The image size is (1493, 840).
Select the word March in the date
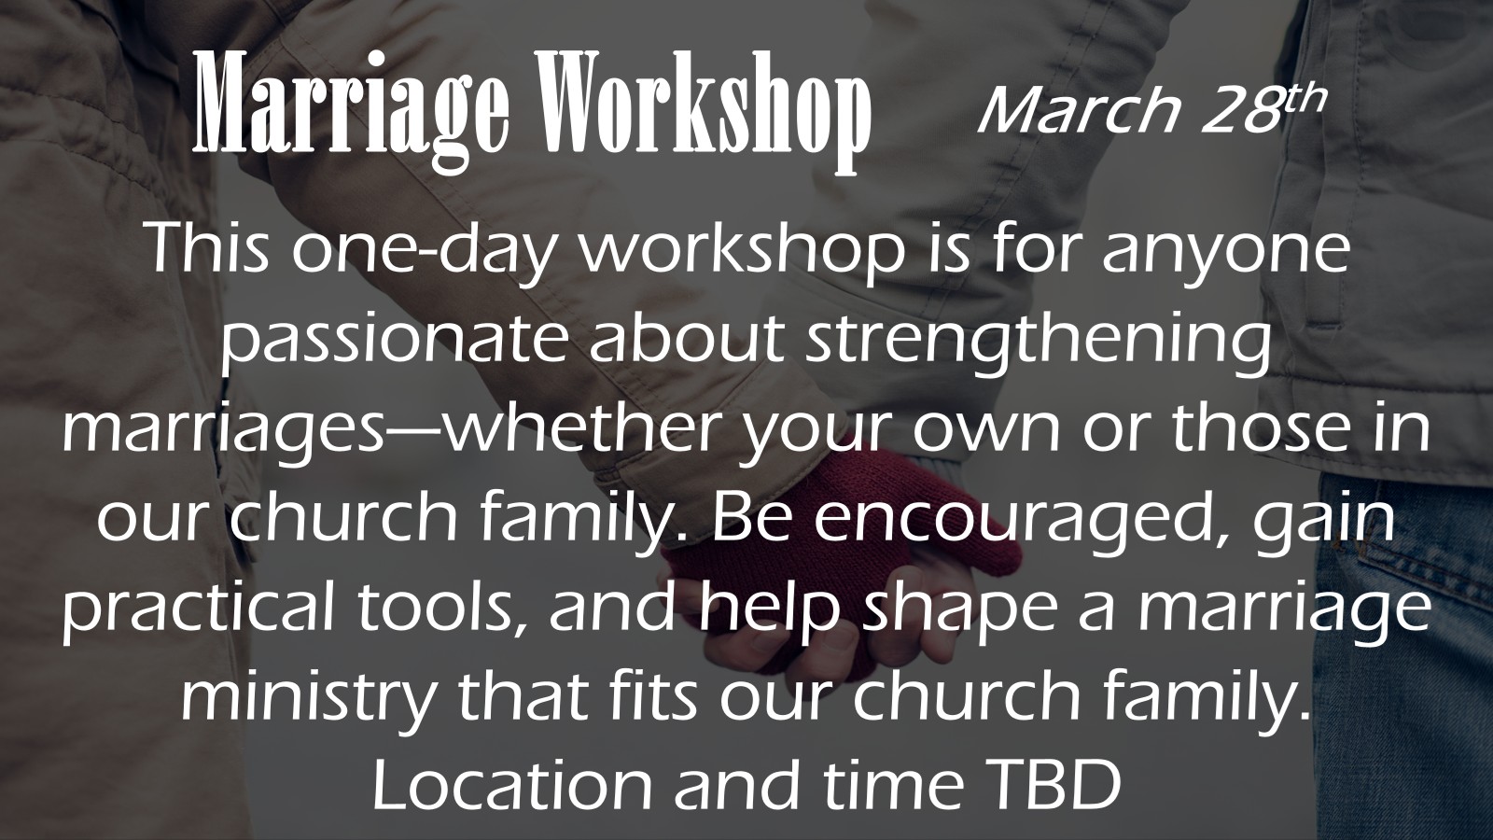(1078, 111)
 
